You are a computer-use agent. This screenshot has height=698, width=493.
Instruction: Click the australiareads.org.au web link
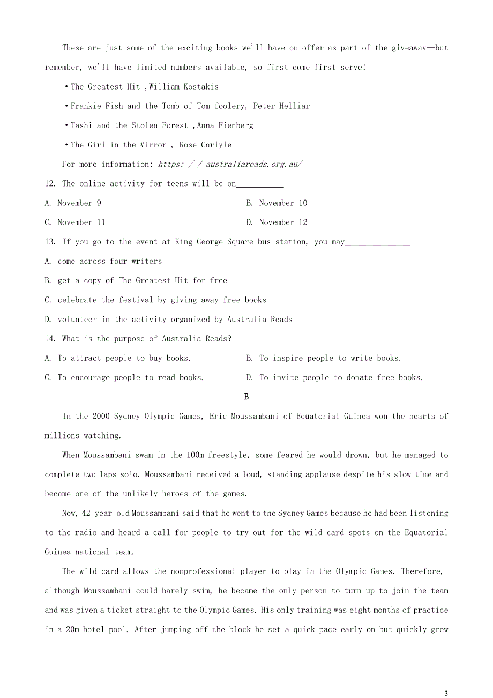pyautogui.click(x=230, y=164)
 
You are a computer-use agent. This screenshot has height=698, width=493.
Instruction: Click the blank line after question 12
pyautogui.click(x=260, y=185)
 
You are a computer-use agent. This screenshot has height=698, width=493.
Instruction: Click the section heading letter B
pyautogui.click(x=246, y=397)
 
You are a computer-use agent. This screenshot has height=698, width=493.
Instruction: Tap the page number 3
pyautogui.click(x=446, y=693)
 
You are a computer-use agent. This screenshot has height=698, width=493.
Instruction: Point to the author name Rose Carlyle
pyautogui.click(x=206, y=145)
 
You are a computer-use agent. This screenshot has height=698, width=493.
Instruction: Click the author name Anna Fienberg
pyautogui.click(x=225, y=125)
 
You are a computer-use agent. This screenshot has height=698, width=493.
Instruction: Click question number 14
pyautogui.click(x=50, y=339)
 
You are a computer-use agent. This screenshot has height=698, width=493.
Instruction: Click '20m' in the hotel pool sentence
pyautogui.click(x=68, y=629)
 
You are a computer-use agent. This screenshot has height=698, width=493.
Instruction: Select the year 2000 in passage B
pyautogui.click(x=101, y=416)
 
